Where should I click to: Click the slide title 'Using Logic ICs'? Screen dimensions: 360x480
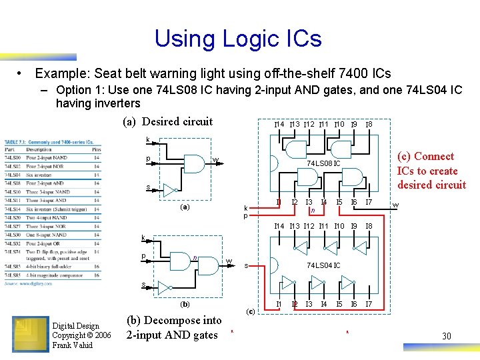point(238,38)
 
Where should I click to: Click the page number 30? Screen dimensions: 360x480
point(446,336)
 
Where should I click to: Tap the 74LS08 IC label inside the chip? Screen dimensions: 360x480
point(323,163)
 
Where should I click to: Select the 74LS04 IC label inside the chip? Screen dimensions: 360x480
point(323,265)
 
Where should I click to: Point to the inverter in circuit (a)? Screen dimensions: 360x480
point(171,189)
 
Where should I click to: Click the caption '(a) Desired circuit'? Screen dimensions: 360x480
point(168,121)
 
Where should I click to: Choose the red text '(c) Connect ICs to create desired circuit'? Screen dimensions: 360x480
point(431,171)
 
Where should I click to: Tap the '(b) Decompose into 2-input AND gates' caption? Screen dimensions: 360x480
point(173,327)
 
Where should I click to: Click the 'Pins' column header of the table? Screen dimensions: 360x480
point(97,149)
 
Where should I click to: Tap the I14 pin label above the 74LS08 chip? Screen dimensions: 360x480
point(279,125)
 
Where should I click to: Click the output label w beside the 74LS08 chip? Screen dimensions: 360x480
point(395,205)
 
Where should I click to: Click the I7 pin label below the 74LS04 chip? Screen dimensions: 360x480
point(369,305)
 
